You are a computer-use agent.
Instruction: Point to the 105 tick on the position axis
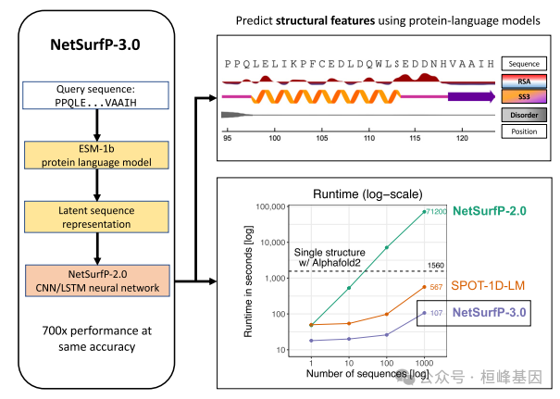(x=321, y=137)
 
